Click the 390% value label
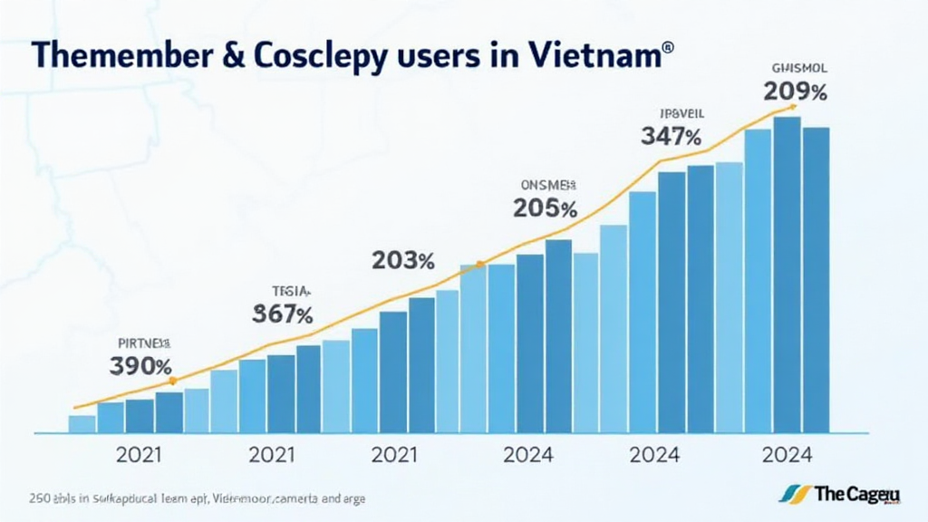coord(140,367)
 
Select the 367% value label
coord(282,315)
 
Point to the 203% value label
coord(403,261)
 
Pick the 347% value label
coord(671,138)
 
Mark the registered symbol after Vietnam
coord(669,45)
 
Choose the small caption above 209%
coord(797,67)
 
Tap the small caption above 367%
coord(291,292)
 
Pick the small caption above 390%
coord(144,343)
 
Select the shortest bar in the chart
coord(82,423)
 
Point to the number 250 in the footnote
coord(41,498)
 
